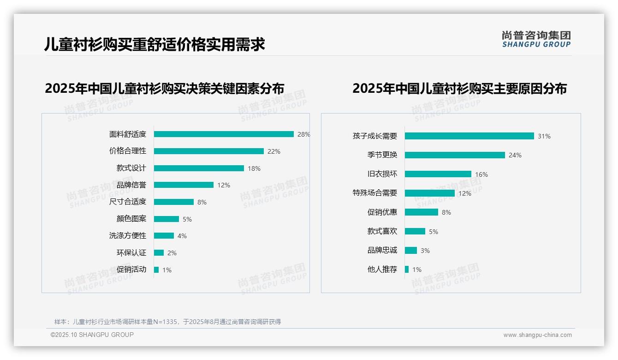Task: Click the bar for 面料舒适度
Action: point(224,134)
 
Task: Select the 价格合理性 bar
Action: point(208,151)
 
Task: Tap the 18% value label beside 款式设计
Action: point(254,168)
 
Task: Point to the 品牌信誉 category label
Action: point(131,185)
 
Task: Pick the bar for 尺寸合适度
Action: point(173,202)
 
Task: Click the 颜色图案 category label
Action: point(131,219)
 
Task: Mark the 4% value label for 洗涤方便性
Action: point(182,236)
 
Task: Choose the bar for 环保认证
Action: point(159,253)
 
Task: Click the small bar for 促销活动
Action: point(156,270)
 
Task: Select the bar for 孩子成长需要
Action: point(469,136)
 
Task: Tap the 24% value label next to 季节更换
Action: point(515,155)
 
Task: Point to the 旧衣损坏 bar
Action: point(438,174)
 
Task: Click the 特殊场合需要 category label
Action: point(374,193)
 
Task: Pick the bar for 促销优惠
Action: point(421,212)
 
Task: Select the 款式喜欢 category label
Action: point(382,231)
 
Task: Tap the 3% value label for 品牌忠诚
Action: point(425,251)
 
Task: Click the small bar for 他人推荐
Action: point(406,270)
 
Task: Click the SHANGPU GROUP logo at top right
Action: point(536,39)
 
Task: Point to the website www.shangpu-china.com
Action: point(537,335)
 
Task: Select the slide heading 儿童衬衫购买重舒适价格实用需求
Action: point(154,45)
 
